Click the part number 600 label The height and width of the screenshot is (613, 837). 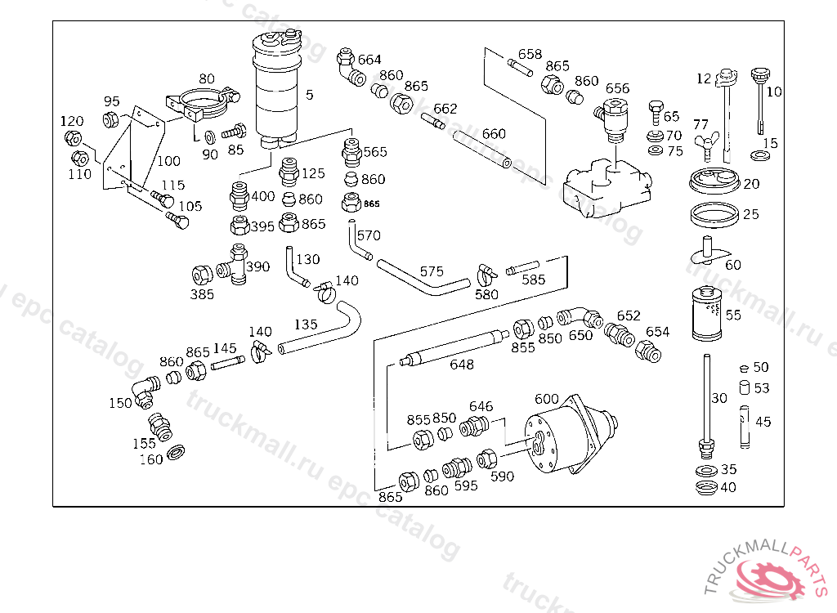point(547,399)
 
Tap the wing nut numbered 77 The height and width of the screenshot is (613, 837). point(707,145)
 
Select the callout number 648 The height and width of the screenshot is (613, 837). point(462,365)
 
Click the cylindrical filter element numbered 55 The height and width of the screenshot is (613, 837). point(706,313)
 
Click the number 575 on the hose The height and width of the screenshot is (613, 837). point(432,271)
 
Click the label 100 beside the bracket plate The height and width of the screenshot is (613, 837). point(168,161)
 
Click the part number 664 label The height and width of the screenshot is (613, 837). point(369,60)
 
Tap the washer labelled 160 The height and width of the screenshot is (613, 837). point(177,454)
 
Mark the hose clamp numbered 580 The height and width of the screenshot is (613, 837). point(486,275)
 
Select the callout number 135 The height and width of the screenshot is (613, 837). point(306,324)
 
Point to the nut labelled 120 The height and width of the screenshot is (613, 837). point(73,139)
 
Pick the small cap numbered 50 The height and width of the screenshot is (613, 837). point(745,368)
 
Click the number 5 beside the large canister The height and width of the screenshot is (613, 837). point(310,95)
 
